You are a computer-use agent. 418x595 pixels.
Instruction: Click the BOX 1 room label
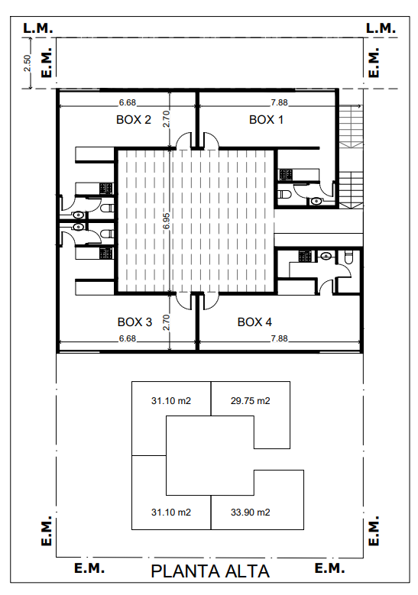(266, 120)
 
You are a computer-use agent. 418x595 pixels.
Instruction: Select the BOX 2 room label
(134, 120)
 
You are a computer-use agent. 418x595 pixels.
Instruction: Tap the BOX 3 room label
(134, 322)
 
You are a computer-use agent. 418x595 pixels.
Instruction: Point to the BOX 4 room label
(254, 322)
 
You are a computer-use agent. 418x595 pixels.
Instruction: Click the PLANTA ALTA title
(210, 572)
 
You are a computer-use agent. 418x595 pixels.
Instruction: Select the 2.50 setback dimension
(27, 63)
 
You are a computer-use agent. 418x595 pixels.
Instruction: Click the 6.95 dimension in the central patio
(167, 221)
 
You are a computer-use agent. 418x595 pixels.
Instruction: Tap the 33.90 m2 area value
(250, 513)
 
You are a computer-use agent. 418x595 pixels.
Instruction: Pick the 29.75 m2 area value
(250, 401)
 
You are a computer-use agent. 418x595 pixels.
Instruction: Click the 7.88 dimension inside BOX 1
(279, 102)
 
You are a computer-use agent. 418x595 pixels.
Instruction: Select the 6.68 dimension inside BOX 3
(127, 338)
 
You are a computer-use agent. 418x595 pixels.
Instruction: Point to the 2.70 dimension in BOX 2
(167, 119)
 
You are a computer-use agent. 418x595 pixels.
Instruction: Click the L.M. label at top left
(38, 28)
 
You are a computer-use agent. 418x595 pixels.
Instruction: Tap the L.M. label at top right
(381, 28)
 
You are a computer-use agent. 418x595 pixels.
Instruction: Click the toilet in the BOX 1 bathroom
(284, 195)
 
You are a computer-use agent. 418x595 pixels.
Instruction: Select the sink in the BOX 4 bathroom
(326, 256)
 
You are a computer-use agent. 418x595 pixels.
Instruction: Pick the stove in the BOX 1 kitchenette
(286, 175)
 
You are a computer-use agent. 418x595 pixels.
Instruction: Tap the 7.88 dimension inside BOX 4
(279, 338)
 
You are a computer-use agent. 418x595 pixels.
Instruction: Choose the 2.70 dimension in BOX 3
(167, 322)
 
